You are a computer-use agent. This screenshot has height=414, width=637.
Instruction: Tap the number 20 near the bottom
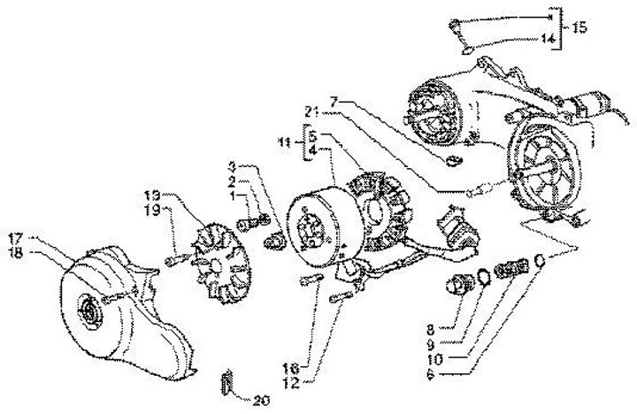click(259, 400)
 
